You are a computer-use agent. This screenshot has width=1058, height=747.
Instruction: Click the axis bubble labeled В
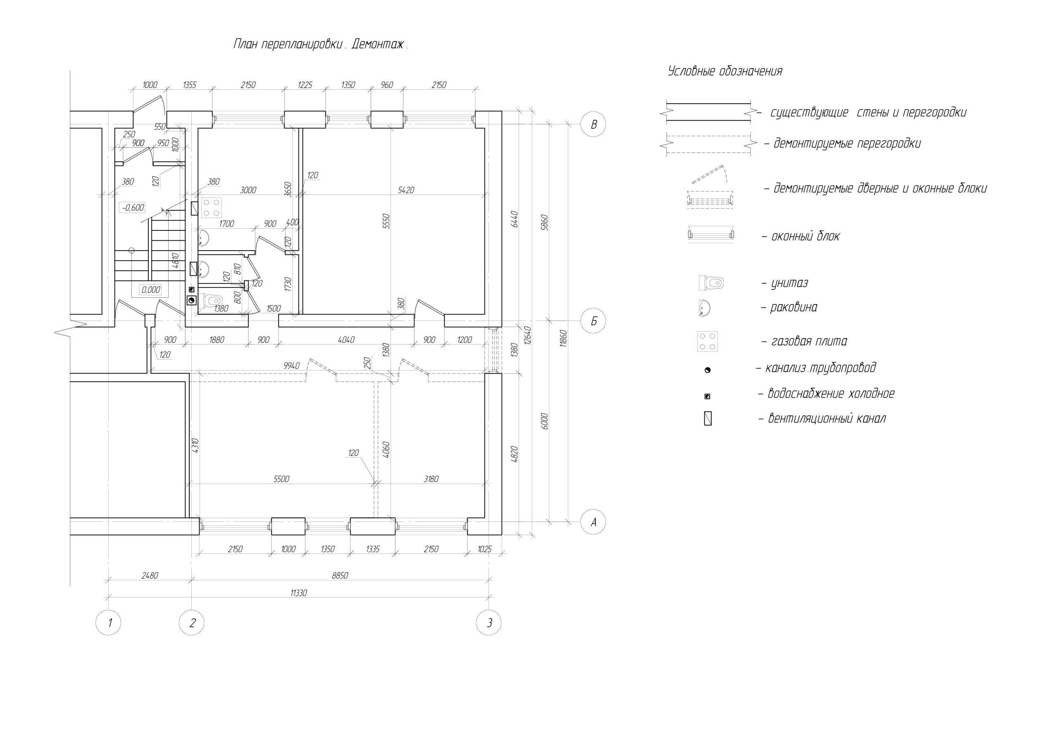pyautogui.click(x=593, y=124)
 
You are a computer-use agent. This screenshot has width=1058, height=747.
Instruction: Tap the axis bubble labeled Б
pyautogui.click(x=593, y=321)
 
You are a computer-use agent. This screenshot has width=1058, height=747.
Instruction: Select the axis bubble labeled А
pyautogui.click(x=593, y=522)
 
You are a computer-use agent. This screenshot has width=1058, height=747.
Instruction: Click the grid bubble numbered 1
pyautogui.click(x=108, y=623)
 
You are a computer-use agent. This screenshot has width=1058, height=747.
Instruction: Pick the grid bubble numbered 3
pyautogui.click(x=488, y=623)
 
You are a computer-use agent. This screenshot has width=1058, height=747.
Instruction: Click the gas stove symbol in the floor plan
pyautogui.click(x=211, y=207)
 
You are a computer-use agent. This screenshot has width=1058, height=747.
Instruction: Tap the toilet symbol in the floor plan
pyautogui.click(x=211, y=301)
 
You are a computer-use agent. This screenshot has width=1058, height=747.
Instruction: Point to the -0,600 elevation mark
pyautogui.click(x=133, y=208)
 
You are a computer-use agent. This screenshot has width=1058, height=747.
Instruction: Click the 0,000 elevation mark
pyautogui.click(x=151, y=290)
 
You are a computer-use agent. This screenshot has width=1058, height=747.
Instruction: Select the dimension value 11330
pyautogui.click(x=299, y=593)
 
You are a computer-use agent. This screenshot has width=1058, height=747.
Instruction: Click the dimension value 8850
pyautogui.click(x=340, y=575)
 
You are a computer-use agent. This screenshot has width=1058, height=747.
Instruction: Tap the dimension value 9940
pyautogui.click(x=291, y=366)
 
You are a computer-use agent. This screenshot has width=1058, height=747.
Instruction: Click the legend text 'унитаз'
pyautogui.click(x=790, y=283)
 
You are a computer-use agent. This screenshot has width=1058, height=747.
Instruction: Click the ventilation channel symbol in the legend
pyautogui.click(x=708, y=419)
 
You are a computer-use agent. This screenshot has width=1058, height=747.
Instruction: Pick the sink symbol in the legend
pyautogui.click(x=705, y=308)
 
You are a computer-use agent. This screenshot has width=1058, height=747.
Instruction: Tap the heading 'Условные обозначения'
pyautogui.click(x=725, y=71)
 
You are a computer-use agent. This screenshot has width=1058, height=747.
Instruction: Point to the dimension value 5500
pyautogui.click(x=281, y=479)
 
